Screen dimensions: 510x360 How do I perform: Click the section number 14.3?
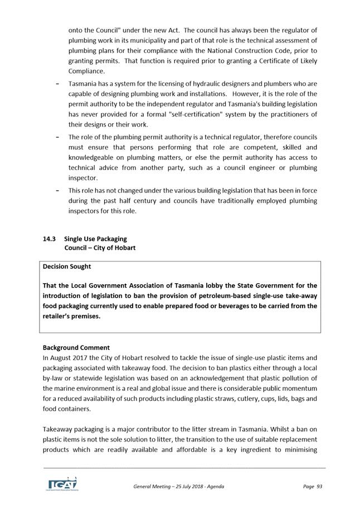coord(49,239)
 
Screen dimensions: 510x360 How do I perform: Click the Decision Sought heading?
coord(67,266)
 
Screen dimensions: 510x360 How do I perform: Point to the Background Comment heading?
coord(76,347)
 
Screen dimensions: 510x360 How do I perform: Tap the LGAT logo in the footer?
coord(61,484)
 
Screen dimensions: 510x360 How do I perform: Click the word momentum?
coord(299,388)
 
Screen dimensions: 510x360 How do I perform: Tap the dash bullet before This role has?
coord(59,191)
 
